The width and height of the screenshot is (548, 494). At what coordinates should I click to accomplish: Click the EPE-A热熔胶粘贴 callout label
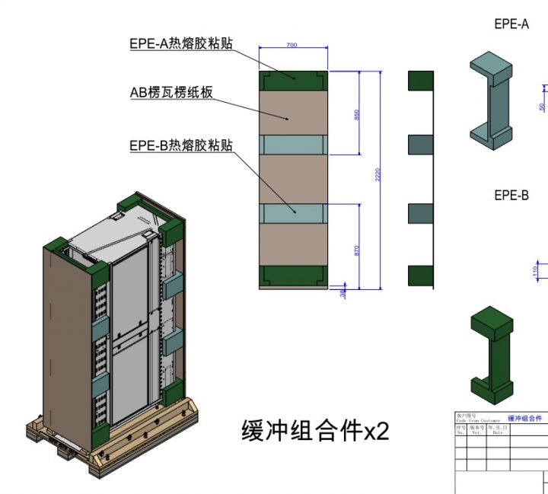pyautogui.click(x=180, y=43)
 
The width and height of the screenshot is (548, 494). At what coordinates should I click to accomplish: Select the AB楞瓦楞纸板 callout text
pyautogui.click(x=170, y=93)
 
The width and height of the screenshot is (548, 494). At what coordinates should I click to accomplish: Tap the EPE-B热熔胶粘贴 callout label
pyautogui.click(x=180, y=145)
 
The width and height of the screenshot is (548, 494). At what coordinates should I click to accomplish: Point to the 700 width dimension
pyautogui.click(x=292, y=46)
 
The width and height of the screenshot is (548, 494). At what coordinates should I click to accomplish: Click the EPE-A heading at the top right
pyautogui.click(x=511, y=24)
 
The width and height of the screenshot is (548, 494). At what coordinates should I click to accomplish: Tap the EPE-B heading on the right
pyautogui.click(x=511, y=196)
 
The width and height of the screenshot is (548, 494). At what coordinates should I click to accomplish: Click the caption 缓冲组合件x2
pyautogui.click(x=315, y=431)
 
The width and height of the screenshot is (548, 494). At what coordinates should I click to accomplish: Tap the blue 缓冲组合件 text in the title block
pyautogui.click(x=525, y=419)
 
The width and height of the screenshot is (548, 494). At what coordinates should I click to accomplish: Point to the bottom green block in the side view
pyautogui.click(x=421, y=276)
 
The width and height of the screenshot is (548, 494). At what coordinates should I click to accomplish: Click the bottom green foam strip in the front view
pyautogui.click(x=293, y=276)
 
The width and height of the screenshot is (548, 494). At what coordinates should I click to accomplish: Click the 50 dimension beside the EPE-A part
pyautogui.click(x=542, y=107)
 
